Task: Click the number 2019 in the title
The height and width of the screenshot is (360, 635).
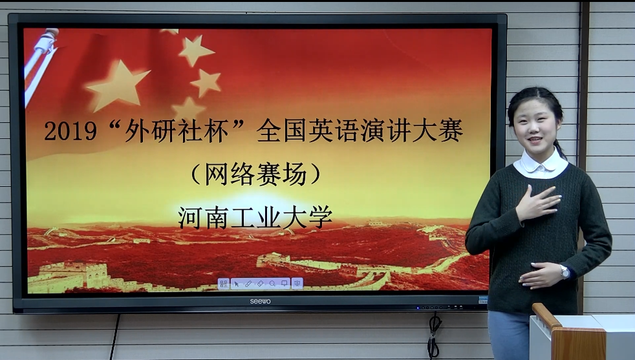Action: click(70, 131)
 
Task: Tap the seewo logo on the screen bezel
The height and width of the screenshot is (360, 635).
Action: click(260, 302)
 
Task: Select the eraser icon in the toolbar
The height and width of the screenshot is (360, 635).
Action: click(261, 284)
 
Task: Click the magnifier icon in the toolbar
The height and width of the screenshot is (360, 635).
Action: click(272, 284)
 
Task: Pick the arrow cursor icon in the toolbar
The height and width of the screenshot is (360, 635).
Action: click(237, 284)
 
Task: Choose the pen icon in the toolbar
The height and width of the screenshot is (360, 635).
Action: click(248, 284)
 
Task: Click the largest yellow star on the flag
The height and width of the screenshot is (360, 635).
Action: click(118, 85)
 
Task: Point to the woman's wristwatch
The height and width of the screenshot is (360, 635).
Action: click(565, 271)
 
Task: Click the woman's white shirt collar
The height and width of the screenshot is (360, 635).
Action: click(541, 164)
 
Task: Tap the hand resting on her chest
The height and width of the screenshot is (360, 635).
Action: click(537, 203)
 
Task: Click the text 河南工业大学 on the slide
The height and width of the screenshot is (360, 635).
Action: click(255, 217)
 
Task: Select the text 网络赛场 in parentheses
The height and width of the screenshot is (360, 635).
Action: click(255, 175)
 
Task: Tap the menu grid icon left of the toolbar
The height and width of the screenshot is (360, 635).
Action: click(224, 284)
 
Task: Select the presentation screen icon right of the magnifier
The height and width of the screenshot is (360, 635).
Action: click(285, 284)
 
